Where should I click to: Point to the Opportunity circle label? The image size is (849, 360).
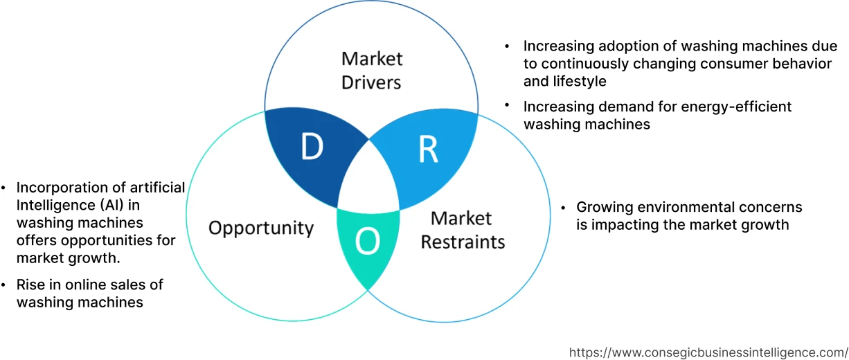[x=261, y=228]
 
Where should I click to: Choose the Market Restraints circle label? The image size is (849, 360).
[x=463, y=230]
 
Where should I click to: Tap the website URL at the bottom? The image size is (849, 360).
[x=708, y=352]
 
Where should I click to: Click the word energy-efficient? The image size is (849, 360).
[x=734, y=107]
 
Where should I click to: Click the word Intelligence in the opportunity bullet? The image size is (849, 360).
[x=51, y=206]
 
